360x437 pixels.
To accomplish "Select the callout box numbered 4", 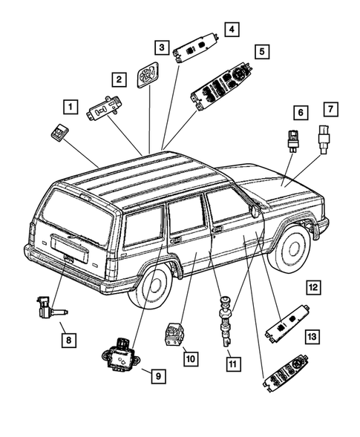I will coord(232,30).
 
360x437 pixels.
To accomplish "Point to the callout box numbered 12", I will coord(313,286).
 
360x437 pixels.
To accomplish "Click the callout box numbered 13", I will coord(313,337).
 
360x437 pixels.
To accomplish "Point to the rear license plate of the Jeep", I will coord(66,257).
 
